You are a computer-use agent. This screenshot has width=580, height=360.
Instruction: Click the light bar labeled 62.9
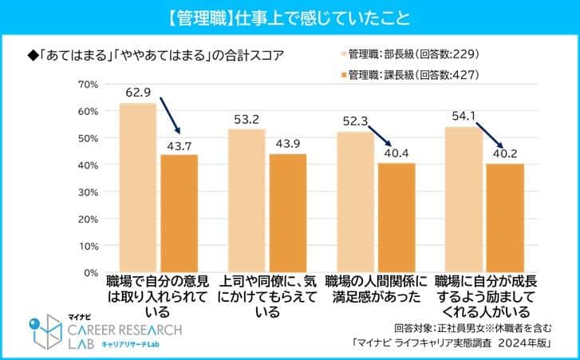(137, 188)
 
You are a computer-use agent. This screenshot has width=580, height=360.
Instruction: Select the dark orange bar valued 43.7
(179, 213)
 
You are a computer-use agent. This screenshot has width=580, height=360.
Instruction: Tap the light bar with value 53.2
(247, 200)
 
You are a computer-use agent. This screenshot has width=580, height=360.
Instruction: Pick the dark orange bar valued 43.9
(287, 213)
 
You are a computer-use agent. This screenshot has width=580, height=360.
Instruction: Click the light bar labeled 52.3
(355, 202)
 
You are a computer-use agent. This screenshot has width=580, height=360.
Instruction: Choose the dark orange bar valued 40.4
(397, 218)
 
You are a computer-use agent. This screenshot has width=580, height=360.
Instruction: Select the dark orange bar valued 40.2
(505, 218)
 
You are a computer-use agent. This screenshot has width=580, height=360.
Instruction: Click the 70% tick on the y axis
(89, 84)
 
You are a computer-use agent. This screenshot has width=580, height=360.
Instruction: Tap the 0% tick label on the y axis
(91, 272)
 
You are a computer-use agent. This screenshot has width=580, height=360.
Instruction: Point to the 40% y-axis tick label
(89, 164)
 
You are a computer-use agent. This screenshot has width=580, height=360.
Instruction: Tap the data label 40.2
(505, 154)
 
